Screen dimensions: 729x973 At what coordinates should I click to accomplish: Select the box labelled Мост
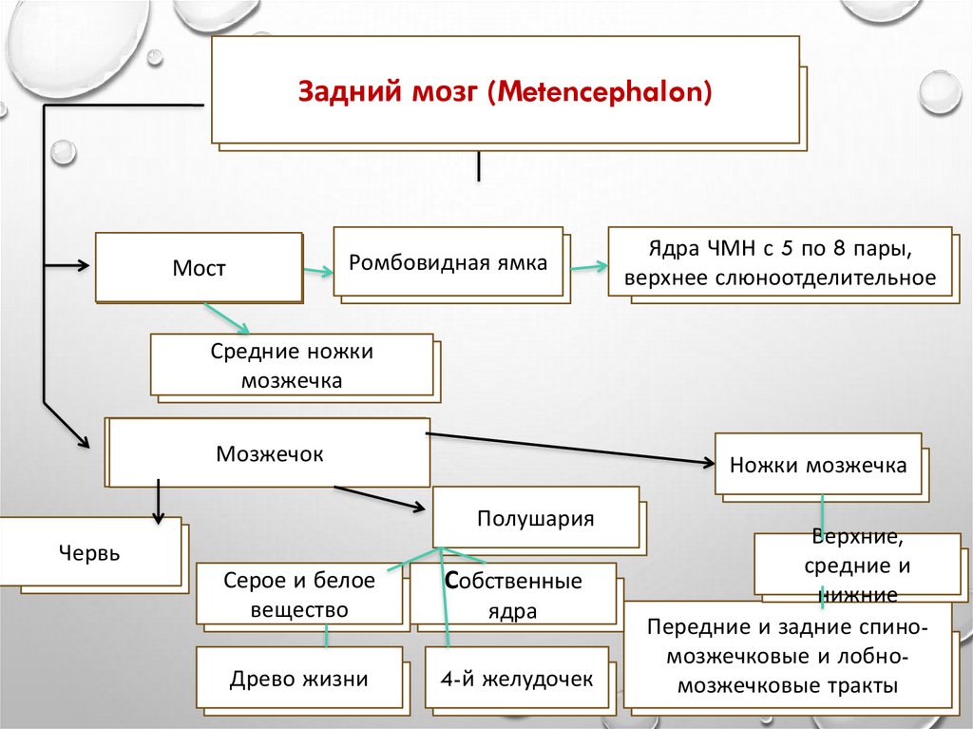(199, 268)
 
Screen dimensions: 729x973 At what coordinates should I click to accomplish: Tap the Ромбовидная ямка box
(448, 262)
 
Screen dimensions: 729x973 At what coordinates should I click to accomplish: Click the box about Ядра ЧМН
(779, 263)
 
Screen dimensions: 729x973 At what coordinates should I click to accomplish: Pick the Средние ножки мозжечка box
(292, 365)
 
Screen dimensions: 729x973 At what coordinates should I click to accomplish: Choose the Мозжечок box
(270, 453)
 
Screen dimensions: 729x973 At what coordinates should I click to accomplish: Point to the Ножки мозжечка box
(817, 466)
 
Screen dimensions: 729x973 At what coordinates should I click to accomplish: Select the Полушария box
(535, 519)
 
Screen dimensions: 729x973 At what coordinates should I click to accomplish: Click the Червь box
(89, 552)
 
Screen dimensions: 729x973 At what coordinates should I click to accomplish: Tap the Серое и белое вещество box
(299, 594)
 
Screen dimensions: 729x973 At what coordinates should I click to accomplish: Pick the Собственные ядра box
(513, 595)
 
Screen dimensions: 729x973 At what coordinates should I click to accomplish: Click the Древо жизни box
(298, 679)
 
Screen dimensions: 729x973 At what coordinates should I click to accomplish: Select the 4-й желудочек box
(516, 679)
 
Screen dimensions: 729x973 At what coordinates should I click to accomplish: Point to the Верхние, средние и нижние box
(857, 566)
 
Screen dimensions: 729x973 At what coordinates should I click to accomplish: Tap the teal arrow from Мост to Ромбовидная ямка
(317, 273)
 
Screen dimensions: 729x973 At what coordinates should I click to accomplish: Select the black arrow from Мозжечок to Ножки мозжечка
(570, 449)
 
